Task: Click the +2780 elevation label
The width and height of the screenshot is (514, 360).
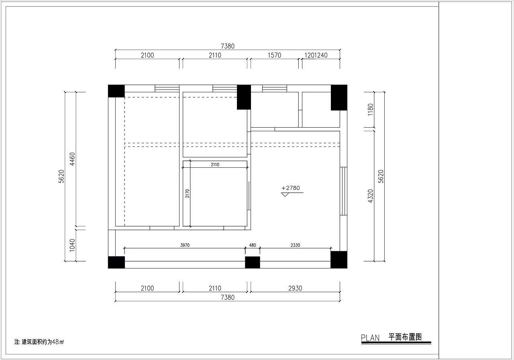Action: click(x=291, y=188)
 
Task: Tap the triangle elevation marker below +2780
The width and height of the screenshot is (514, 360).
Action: click(x=285, y=194)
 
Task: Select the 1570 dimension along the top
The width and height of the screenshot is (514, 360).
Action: click(x=274, y=55)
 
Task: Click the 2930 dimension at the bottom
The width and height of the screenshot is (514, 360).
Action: click(x=295, y=288)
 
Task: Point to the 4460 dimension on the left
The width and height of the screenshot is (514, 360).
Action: click(x=72, y=159)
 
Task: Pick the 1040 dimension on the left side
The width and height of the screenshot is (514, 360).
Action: click(x=72, y=245)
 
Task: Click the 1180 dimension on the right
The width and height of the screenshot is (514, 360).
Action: click(x=371, y=110)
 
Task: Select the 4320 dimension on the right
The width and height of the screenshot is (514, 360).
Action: click(x=371, y=196)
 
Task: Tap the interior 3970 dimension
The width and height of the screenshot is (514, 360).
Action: click(x=185, y=245)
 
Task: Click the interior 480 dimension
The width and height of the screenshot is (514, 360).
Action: click(x=253, y=245)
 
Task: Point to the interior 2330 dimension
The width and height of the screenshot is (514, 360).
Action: click(x=295, y=245)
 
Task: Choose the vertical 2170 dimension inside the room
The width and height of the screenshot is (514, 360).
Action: click(x=187, y=193)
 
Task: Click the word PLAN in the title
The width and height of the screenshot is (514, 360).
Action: click(x=370, y=338)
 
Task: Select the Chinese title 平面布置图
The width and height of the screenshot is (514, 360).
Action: click(x=405, y=337)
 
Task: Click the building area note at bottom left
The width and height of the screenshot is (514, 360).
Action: click(x=39, y=342)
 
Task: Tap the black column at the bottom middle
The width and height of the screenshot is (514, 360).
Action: click(x=253, y=262)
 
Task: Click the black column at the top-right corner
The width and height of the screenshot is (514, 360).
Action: click(x=339, y=98)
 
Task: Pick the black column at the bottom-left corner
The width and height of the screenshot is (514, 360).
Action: click(x=116, y=262)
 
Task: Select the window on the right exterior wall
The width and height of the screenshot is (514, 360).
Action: click(x=343, y=191)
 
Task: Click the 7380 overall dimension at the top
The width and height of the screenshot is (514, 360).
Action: click(x=228, y=46)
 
